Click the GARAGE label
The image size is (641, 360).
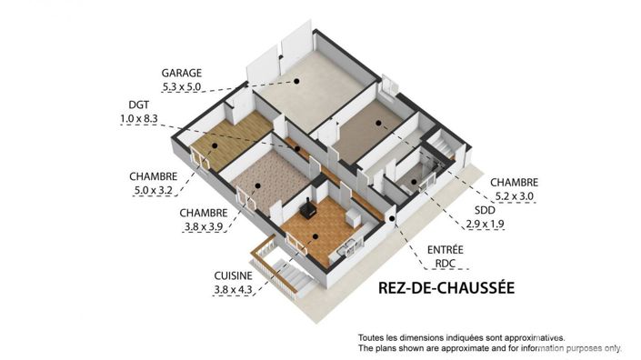coord(181,72)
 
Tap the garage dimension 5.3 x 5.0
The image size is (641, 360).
coord(181,87)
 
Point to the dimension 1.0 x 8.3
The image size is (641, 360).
coord(139,118)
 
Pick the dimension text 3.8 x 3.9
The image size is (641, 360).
coord(201,227)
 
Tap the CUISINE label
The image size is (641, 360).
coord(235,275)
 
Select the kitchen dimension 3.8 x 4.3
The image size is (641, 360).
coord(235,289)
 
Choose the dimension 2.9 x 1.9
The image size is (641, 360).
coord(485,223)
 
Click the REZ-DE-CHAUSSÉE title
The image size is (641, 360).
coord(446,289)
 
